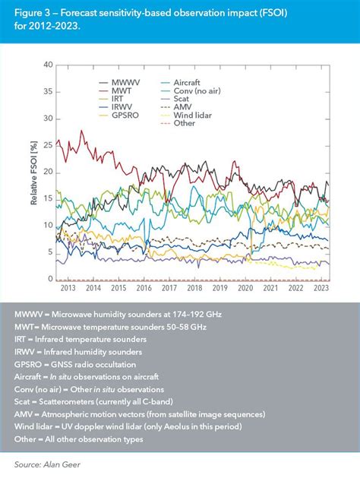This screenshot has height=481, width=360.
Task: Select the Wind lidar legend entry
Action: [x=189, y=115]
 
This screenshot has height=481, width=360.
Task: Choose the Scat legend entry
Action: [x=180, y=97]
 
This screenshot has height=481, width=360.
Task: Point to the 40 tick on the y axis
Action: [x=48, y=65]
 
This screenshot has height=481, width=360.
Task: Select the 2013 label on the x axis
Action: [x=67, y=289]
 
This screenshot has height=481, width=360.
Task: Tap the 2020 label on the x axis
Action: [x=245, y=289]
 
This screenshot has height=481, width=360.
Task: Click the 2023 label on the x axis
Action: [x=321, y=289]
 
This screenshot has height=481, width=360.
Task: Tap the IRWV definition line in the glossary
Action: [x=78, y=353]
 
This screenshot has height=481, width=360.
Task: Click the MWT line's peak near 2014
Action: [x=82, y=131]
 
